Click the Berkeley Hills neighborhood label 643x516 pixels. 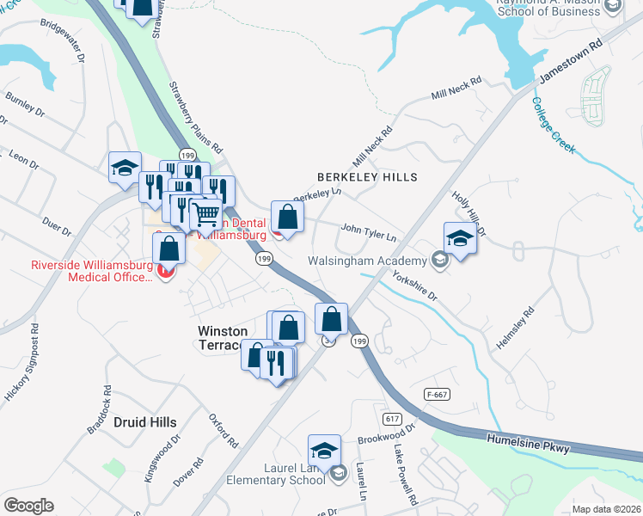point(367,177)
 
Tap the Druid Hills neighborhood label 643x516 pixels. point(145,422)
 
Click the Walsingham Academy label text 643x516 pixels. point(368,261)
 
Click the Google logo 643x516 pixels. point(28,505)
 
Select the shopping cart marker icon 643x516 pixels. point(205,214)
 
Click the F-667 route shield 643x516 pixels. point(437,394)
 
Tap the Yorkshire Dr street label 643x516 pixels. point(415,286)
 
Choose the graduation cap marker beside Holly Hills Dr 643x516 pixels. point(460,238)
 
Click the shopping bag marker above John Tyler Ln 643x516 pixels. point(287,217)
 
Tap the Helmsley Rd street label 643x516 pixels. point(515,329)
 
